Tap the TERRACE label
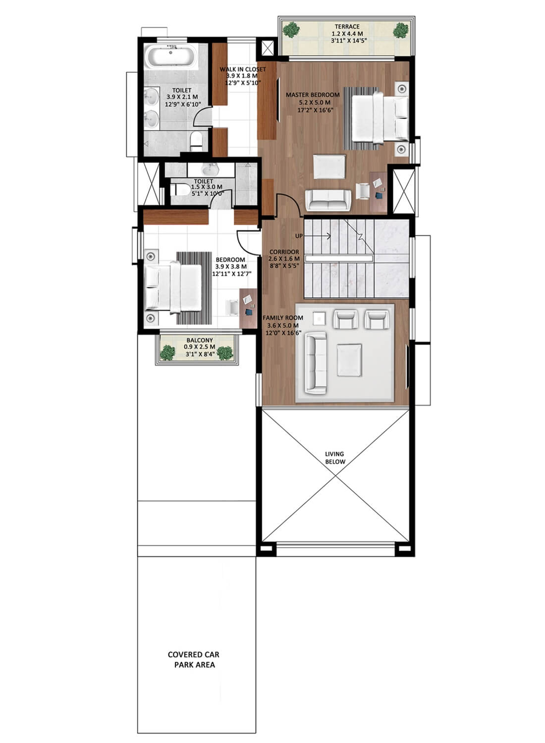[x=347, y=27]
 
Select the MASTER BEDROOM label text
[x=313, y=95]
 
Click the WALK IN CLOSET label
[x=242, y=69]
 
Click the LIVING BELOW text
[x=335, y=458]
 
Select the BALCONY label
[x=200, y=340]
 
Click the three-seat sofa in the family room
[x=316, y=363]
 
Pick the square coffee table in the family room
[x=349, y=360]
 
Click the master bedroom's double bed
[x=380, y=118]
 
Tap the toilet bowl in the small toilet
[x=180, y=190]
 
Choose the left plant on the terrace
[x=291, y=30]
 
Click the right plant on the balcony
[x=225, y=353]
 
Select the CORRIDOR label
[x=284, y=252]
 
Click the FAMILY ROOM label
[x=283, y=318]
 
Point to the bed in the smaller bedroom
[x=173, y=287]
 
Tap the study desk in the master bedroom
[x=378, y=192]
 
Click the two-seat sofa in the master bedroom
[x=328, y=200]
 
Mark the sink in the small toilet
[x=210, y=169]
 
